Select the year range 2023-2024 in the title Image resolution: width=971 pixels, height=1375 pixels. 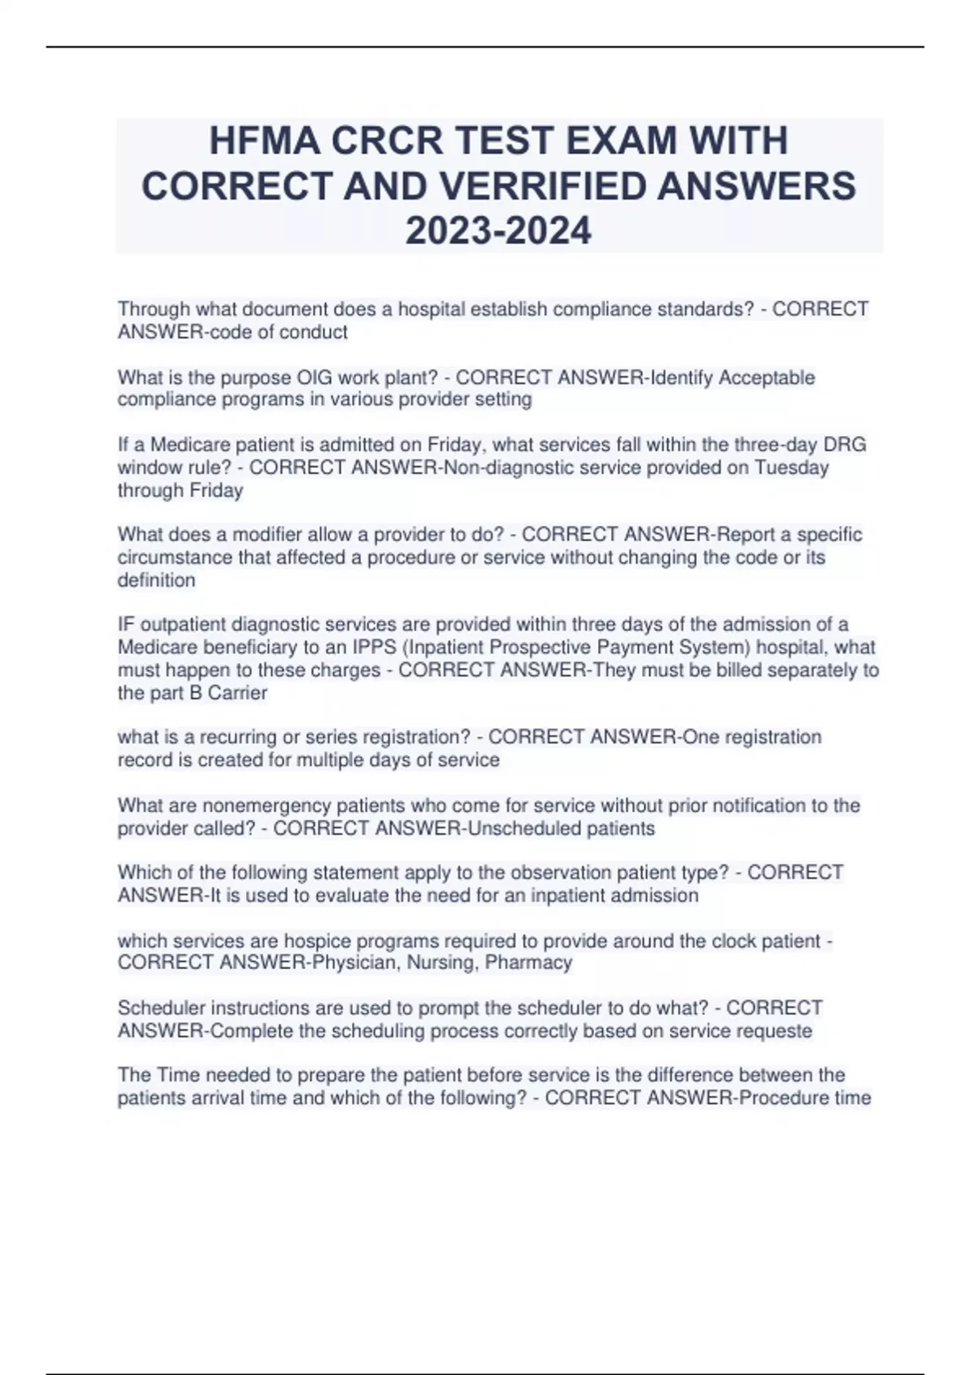pos(498,231)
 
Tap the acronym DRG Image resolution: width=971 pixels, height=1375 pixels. pos(844,445)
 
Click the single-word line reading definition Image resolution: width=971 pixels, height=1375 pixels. pos(156,580)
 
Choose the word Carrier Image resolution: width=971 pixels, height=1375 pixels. pos(238,692)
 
